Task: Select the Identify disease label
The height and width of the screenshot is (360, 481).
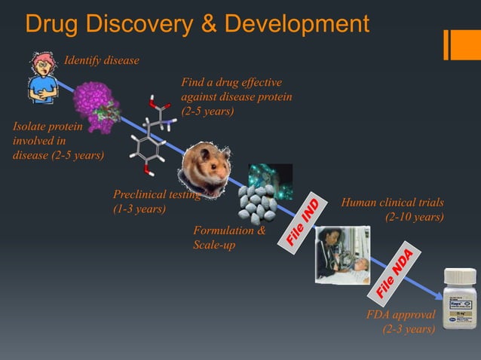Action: (101, 60)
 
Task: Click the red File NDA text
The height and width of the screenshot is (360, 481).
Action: (394, 273)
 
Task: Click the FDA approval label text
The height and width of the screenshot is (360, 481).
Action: (400, 315)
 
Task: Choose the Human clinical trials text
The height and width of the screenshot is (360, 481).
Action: (392, 203)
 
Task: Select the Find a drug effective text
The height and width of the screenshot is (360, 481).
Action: (231, 83)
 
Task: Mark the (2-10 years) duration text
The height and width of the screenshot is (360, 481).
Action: (414, 218)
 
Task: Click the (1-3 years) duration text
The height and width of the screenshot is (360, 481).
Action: (139, 209)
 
